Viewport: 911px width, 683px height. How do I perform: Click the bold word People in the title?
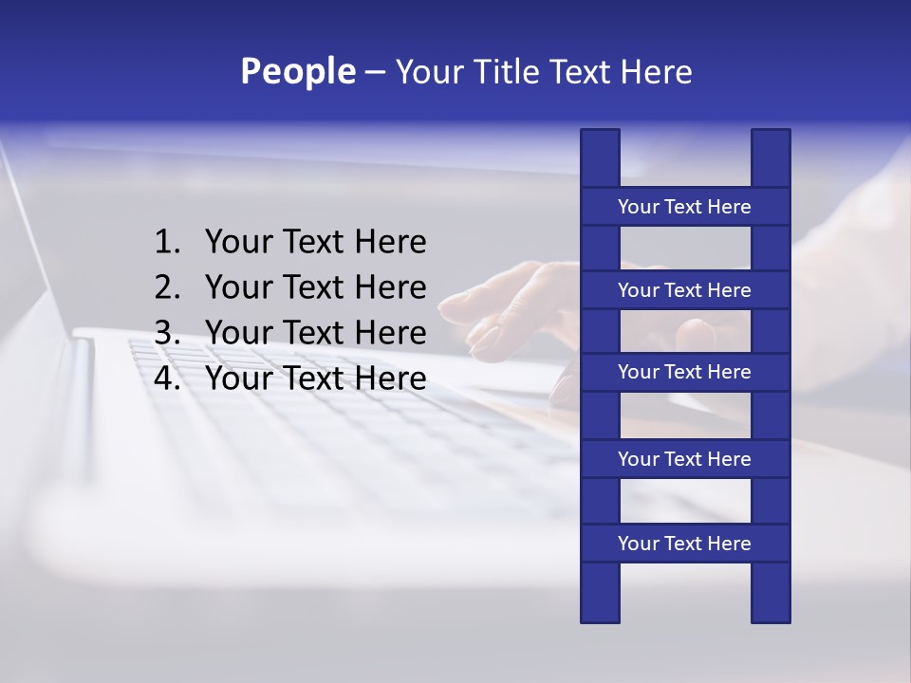297,71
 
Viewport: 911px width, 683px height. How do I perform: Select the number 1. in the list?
167,243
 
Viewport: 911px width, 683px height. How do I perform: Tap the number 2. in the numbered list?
167,287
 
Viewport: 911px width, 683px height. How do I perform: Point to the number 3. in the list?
167,333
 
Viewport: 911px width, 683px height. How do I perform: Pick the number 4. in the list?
167,378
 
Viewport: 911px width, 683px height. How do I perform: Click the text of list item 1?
315,243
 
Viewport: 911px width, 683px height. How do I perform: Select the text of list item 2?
315,287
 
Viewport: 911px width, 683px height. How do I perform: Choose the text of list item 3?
315,333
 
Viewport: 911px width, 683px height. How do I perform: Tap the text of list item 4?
315,378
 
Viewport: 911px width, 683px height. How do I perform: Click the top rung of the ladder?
684,207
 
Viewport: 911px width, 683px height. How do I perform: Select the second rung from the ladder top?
684,290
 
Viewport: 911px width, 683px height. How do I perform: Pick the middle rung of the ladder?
684,372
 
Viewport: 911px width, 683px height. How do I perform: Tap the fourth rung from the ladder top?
684,459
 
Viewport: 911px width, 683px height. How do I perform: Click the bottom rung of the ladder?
684,544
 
